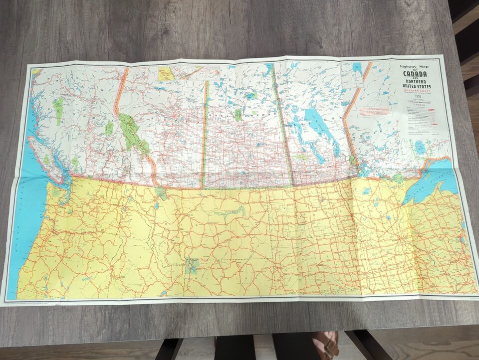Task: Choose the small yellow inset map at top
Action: [166, 74]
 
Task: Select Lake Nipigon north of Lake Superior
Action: [420, 147]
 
